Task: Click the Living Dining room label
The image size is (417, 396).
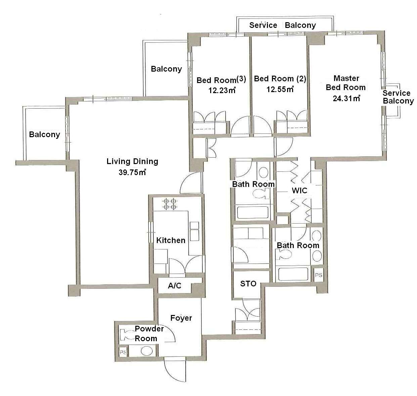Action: point(132,161)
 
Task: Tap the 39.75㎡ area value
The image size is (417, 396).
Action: point(132,172)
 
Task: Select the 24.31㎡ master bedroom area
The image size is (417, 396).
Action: point(346,98)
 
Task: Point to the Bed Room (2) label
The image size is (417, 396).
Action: point(280,79)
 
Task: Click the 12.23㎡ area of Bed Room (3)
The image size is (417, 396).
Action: point(222,90)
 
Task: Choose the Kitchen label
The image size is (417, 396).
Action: point(171,240)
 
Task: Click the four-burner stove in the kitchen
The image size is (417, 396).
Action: point(170,204)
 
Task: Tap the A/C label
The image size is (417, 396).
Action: point(175,286)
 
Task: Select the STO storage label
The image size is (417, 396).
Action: point(248,284)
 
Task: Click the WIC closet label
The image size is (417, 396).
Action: point(299,190)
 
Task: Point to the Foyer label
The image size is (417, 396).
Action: point(181,318)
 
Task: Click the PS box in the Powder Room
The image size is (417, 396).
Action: point(123,353)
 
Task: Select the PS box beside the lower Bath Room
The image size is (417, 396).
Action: point(318,275)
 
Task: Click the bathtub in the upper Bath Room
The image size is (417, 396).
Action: point(252,212)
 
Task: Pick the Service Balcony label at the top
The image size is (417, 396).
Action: point(282,25)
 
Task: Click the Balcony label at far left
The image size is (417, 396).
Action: point(45,134)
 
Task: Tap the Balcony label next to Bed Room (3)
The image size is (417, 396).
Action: point(166,69)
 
